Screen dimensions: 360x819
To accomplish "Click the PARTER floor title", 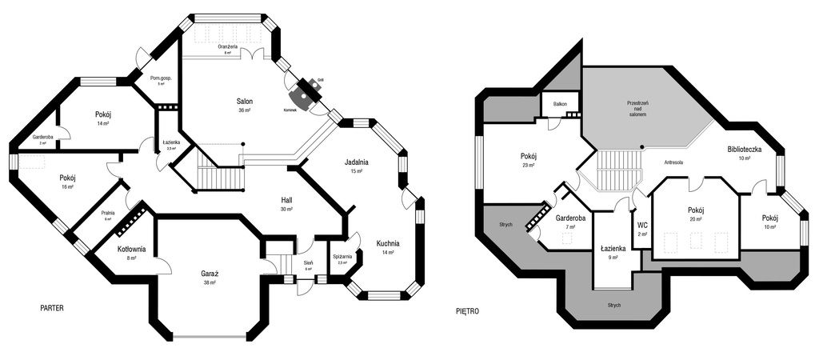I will pos(52,308).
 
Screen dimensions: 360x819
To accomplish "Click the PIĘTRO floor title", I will pos(467,311).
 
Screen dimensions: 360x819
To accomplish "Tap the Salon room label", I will pos(245,102).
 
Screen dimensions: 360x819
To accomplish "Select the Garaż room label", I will pos(210,274).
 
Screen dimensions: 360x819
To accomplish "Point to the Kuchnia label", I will pos(388,243).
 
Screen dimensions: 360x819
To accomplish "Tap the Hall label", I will pos(286,200).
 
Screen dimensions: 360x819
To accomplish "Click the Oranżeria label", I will pos(228,47).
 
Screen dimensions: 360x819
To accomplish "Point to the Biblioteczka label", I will pos(744,150).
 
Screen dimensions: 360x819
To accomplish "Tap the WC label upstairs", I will pos(642,225).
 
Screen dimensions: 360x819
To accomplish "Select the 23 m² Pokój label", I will pos(528,156).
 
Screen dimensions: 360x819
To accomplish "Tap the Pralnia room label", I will pos(108,213).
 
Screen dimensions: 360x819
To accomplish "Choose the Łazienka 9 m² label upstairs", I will pos(612,249).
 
